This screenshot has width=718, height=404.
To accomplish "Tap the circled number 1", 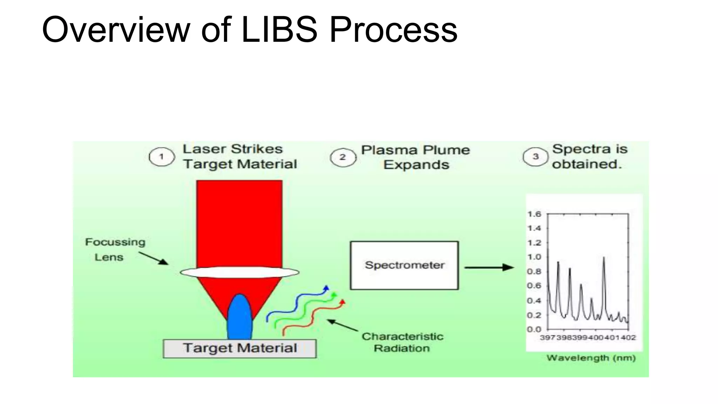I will (x=162, y=157).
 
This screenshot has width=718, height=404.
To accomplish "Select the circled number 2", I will (x=343, y=157).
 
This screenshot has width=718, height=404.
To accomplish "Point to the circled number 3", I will (x=535, y=157).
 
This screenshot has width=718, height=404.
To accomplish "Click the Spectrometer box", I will (x=404, y=265).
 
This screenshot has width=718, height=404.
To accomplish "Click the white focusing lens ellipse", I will (x=240, y=272).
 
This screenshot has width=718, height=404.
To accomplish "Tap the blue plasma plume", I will (x=240, y=317).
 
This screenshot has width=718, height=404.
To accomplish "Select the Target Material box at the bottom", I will (x=240, y=348).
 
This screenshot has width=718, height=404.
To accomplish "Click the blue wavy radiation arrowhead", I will (x=326, y=288).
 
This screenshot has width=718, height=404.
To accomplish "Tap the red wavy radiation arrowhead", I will (x=343, y=302).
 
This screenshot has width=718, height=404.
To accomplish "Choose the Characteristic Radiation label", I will (x=402, y=342).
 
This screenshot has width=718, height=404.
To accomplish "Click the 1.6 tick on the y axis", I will (x=534, y=214).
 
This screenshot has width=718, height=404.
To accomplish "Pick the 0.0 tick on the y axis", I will (x=534, y=329).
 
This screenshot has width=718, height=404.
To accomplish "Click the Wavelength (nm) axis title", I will (x=591, y=358).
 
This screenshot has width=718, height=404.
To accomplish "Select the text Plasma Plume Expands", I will (x=416, y=157).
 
